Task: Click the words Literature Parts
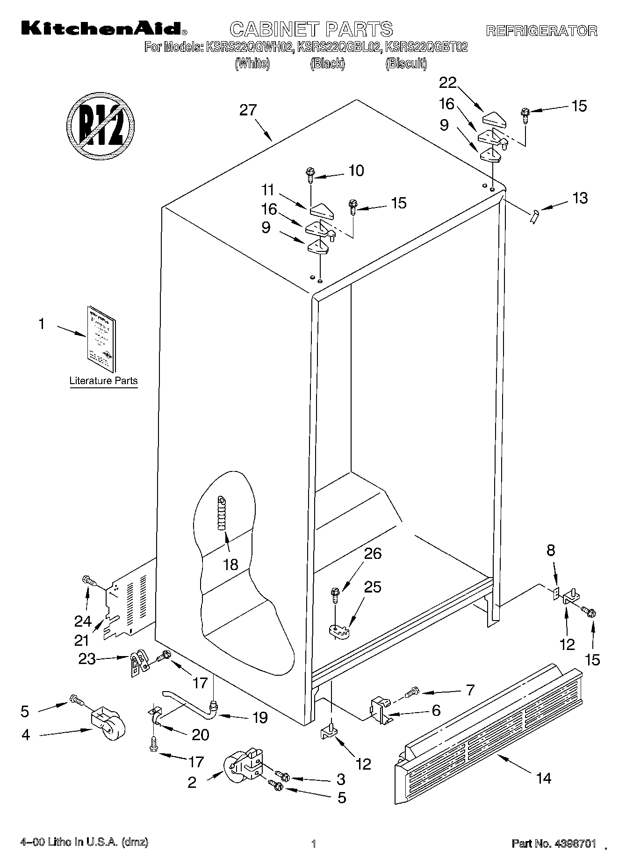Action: click(103, 381)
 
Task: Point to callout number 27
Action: click(248, 111)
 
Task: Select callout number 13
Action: click(580, 198)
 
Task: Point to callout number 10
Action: click(356, 171)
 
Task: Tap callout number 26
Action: click(373, 554)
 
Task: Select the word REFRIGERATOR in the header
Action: click(542, 31)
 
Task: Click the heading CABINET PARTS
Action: click(311, 29)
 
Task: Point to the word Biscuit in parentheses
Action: click(406, 64)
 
